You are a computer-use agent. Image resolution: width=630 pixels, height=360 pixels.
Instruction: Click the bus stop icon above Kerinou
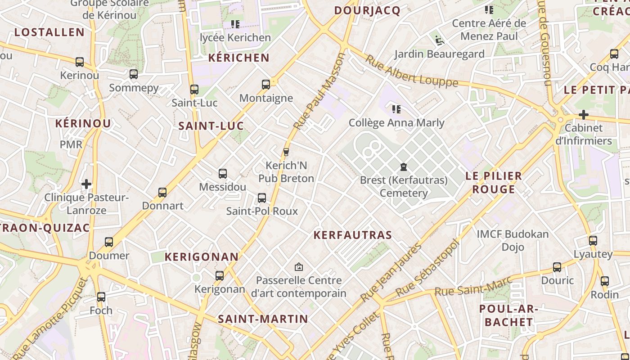click(80, 62)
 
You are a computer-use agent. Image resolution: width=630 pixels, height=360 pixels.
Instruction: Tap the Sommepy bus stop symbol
click(134, 74)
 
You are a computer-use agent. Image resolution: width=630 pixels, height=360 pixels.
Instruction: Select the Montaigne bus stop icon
click(266, 85)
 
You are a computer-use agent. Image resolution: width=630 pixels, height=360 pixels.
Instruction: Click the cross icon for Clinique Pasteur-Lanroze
click(86, 184)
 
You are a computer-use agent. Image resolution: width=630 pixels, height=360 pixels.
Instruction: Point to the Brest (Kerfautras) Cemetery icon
click(404, 167)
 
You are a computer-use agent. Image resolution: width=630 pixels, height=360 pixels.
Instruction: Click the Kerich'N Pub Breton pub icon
click(286, 152)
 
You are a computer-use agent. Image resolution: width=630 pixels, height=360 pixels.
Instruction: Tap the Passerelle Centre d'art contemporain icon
click(298, 267)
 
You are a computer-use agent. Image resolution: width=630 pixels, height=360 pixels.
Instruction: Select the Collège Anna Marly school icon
click(396, 109)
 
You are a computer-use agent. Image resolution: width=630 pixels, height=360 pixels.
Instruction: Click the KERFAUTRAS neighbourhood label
click(353, 235)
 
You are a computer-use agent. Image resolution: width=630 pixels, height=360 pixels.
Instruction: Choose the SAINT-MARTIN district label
click(263, 319)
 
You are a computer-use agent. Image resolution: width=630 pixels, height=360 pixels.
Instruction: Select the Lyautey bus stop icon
click(593, 241)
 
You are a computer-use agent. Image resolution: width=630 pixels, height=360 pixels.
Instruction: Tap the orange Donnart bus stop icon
click(162, 193)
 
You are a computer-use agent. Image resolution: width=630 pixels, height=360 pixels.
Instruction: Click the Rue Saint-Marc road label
click(473, 287)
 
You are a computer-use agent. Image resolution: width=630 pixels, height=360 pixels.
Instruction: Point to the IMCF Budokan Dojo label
click(513, 240)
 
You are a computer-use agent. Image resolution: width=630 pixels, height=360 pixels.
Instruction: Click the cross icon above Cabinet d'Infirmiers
click(584, 115)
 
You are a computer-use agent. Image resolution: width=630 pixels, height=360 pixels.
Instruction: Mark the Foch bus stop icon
click(101, 297)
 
